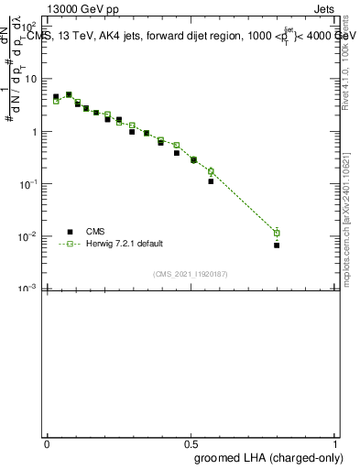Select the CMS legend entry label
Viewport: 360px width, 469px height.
point(96,232)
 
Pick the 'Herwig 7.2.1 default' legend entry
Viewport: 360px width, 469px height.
point(125,244)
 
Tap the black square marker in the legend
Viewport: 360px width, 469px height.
point(69,232)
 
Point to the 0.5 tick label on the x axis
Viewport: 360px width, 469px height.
point(191,442)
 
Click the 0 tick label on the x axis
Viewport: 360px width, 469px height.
point(47,442)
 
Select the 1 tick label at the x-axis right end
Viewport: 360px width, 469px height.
point(335,442)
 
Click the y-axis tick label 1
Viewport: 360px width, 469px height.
point(33,132)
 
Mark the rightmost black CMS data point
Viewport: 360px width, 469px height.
point(277,245)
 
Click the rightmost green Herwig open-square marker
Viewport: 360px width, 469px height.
point(277,233)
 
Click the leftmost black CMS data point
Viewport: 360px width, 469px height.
point(56,96)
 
